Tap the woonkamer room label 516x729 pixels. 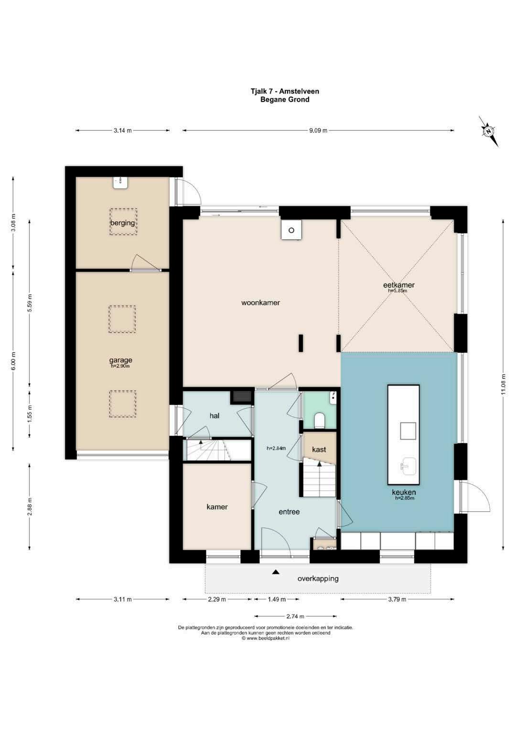click(x=260, y=303)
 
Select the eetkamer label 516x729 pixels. click(x=399, y=285)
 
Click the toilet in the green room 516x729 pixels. click(x=319, y=420)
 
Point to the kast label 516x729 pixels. click(x=319, y=449)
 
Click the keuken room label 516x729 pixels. click(x=404, y=492)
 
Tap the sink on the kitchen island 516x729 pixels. click(x=408, y=467)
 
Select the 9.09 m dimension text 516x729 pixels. click(x=318, y=130)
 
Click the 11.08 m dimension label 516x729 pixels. click(x=504, y=384)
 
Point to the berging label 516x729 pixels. click(x=122, y=223)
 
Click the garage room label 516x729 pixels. click(x=120, y=360)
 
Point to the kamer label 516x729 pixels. click(x=217, y=507)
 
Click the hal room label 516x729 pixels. click(x=215, y=416)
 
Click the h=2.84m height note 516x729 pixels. click(x=276, y=448)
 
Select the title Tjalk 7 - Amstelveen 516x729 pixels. click(x=285, y=92)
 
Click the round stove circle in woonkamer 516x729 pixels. click(x=291, y=230)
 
